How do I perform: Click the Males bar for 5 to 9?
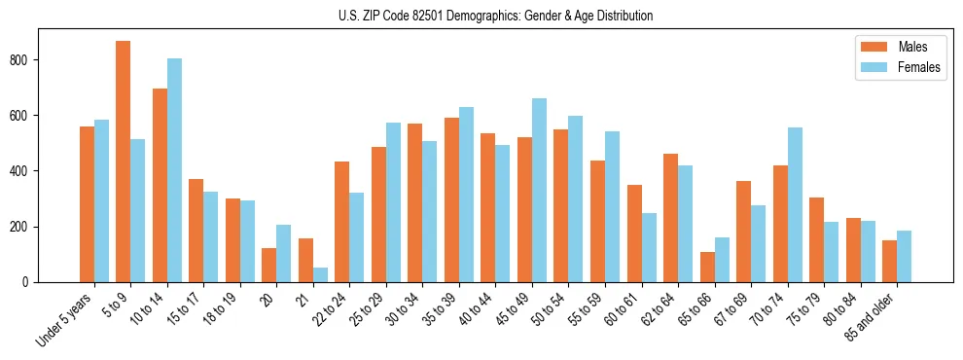click(x=123, y=162)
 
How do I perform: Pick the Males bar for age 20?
click(x=268, y=265)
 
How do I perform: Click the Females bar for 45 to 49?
click(x=539, y=190)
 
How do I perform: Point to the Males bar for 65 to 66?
click(x=707, y=267)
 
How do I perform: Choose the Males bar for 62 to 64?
click(x=670, y=218)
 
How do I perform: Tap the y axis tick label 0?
click(x=29, y=282)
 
